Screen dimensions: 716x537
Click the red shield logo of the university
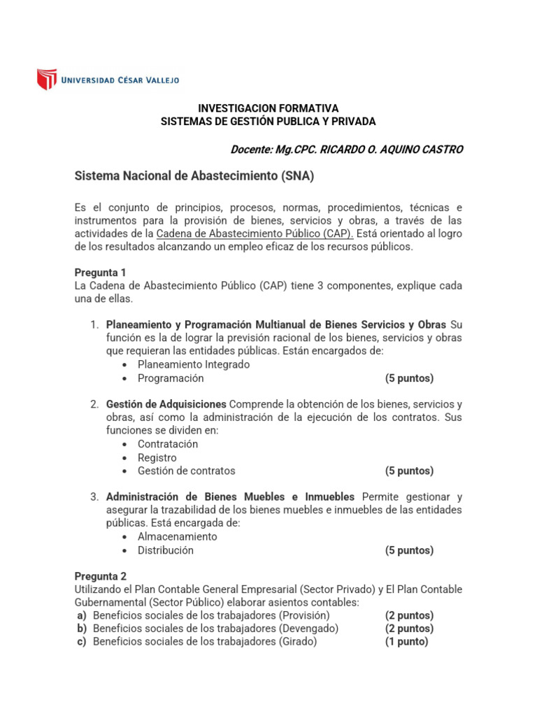click(x=47, y=79)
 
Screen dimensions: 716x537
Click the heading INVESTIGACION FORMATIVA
click(x=268, y=108)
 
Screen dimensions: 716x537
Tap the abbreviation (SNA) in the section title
click(x=298, y=177)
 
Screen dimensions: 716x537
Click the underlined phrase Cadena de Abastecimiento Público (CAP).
click(x=255, y=234)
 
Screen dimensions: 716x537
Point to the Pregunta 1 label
click(x=100, y=273)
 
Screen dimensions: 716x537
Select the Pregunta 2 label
click(x=100, y=577)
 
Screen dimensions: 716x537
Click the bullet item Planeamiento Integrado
click(x=193, y=364)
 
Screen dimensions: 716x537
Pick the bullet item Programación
click(x=171, y=378)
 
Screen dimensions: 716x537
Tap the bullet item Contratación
click(x=168, y=444)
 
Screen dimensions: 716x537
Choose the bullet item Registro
click(x=157, y=458)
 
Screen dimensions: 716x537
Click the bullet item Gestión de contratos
click(x=186, y=471)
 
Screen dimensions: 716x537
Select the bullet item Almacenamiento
click(x=178, y=536)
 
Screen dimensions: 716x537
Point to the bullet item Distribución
click(x=166, y=550)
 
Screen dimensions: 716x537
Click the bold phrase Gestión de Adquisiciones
click(x=166, y=404)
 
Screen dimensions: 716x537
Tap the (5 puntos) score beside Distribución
click(x=409, y=550)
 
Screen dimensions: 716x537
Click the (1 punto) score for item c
click(x=406, y=641)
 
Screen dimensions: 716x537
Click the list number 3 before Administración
click(x=94, y=496)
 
